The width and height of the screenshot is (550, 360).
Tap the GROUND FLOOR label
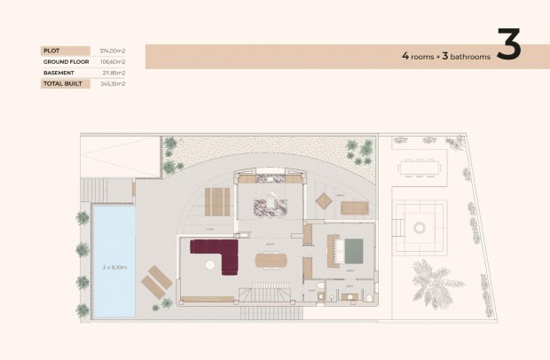coord(65,62)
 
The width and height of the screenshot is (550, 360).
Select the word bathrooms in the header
coord(469,56)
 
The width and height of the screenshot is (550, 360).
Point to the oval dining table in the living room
coord(271,260)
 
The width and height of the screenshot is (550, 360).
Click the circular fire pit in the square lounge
coord(419,227)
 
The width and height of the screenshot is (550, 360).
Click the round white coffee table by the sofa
coord(209,264)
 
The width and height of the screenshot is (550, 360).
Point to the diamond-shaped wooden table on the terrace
coord(324,201)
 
